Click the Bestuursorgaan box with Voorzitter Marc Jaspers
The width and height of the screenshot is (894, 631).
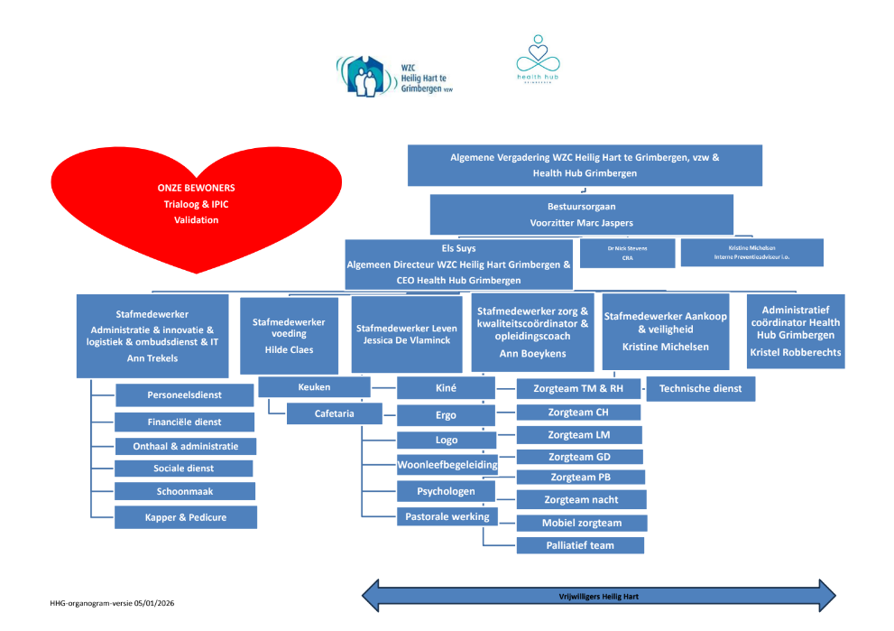pos(584,214)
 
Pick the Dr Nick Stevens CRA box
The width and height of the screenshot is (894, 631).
pos(628,253)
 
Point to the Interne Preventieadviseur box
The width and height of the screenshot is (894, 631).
pos(751,253)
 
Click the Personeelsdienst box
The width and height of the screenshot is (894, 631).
pos(186,394)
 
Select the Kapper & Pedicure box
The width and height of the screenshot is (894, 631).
pos(186,517)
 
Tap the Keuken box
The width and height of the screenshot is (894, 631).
pos(314,387)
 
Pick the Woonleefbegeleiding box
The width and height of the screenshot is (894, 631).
pos(447,465)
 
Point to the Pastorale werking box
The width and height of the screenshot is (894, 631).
pos(447,516)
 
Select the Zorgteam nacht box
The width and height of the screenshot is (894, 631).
pos(581,499)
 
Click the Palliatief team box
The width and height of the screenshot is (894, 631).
pos(580,545)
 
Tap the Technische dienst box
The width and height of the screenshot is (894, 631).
pos(701,388)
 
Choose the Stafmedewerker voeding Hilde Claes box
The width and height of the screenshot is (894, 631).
pos(289,336)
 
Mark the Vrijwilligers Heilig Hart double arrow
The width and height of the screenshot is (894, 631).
pos(598,597)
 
